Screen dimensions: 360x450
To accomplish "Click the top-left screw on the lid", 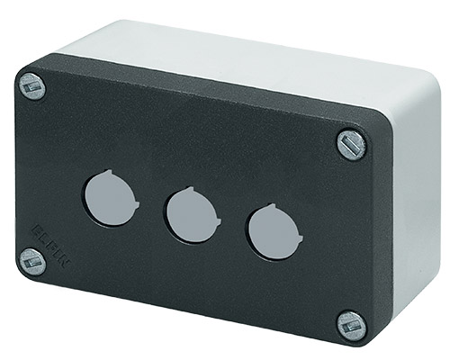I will click(x=31, y=87).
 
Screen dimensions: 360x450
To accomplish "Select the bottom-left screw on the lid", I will click(x=31, y=261).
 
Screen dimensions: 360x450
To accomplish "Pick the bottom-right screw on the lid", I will click(x=352, y=325).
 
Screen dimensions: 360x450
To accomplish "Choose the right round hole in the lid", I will click(x=271, y=233).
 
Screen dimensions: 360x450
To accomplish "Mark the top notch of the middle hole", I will click(x=187, y=192).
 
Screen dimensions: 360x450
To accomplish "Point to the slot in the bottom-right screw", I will click(x=352, y=325).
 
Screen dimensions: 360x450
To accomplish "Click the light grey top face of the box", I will click(x=234, y=54).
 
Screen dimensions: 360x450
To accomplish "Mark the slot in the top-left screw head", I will click(x=31, y=87).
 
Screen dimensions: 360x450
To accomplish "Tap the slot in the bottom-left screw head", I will click(x=31, y=261).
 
